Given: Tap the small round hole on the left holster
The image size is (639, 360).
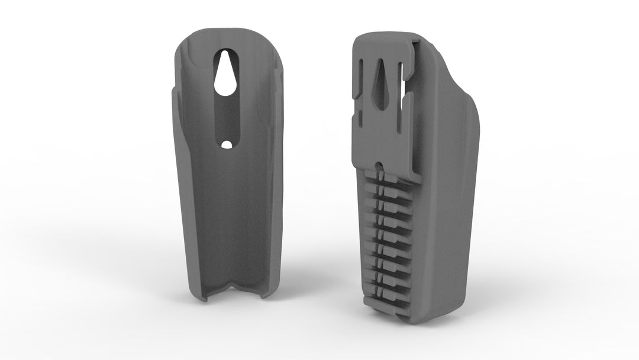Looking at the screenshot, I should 226,144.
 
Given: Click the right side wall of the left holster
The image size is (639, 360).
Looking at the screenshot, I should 273,178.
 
